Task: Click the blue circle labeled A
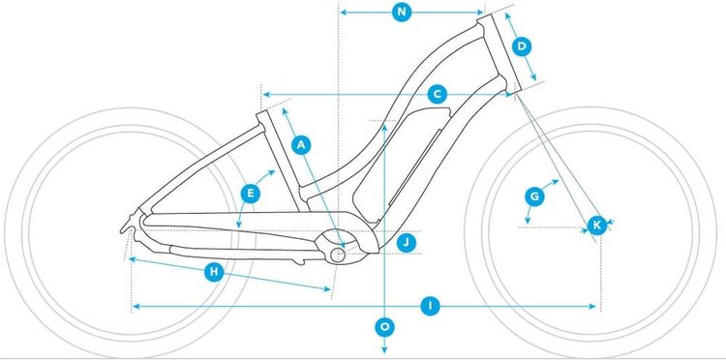tap(301, 144)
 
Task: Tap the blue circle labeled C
tap(438, 94)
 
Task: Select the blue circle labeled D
tap(521, 46)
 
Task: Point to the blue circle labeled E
tap(251, 194)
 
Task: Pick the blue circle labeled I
tap(433, 306)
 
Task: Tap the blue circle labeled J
tap(407, 241)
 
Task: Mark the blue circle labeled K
tap(597, 225)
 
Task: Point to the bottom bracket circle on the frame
tap(339, 254)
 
